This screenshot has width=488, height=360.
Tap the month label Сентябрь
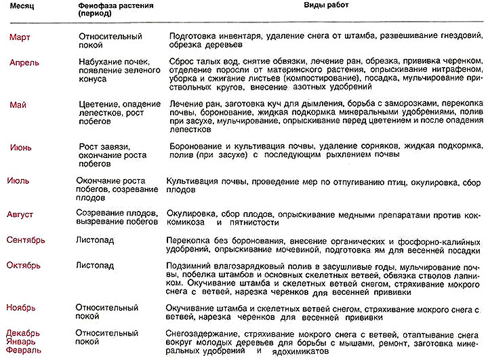coord(30,241)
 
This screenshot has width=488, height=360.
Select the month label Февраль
coord(25,351)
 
